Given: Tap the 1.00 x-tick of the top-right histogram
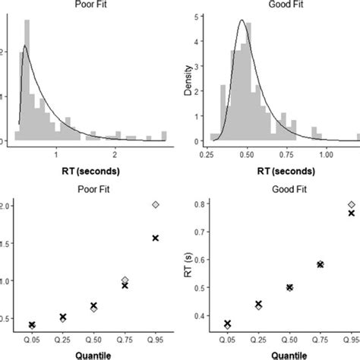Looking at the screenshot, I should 326,154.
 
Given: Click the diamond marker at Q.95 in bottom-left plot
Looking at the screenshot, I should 156,205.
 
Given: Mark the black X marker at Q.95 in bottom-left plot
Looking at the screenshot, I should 156,238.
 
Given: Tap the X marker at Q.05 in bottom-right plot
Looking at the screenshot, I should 227,324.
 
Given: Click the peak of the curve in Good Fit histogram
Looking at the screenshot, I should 241,21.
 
